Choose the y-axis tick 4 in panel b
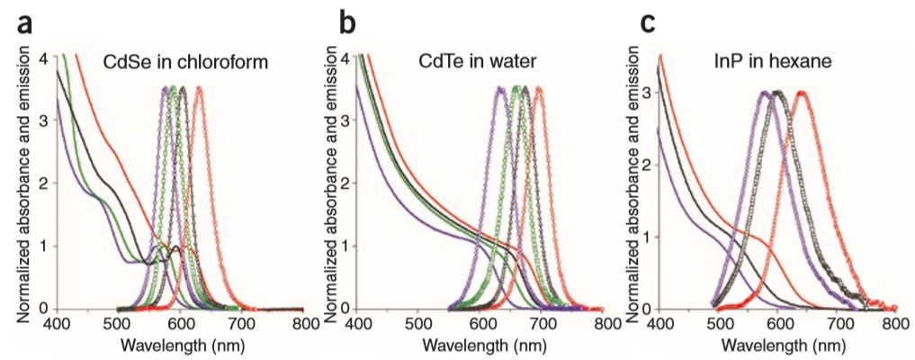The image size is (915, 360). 347,58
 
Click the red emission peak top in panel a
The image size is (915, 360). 199,87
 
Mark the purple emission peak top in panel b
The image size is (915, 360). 500,87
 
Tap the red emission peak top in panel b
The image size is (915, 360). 538,87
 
